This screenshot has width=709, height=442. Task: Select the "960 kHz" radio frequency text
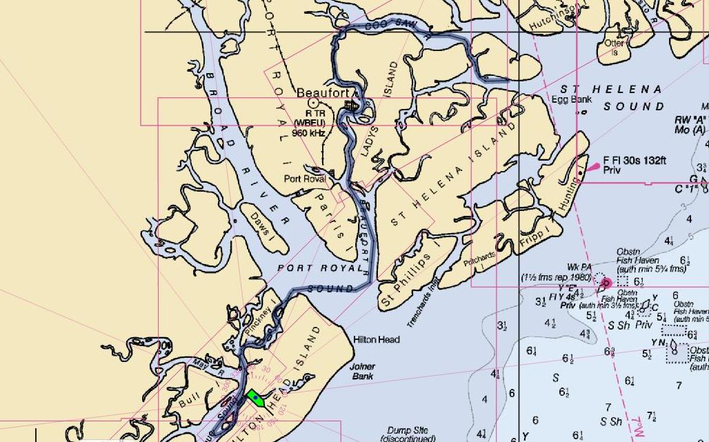click(308, 132)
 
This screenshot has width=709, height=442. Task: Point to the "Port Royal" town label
click(305, 179)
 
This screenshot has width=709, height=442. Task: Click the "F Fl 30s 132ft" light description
click(635, 160)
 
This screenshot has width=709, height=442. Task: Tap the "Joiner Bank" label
click(362, 372)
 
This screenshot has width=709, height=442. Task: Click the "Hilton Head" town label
click(376, 340)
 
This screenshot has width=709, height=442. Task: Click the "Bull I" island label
click(188, 399)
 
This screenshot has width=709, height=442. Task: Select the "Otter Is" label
click(614, 47)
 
